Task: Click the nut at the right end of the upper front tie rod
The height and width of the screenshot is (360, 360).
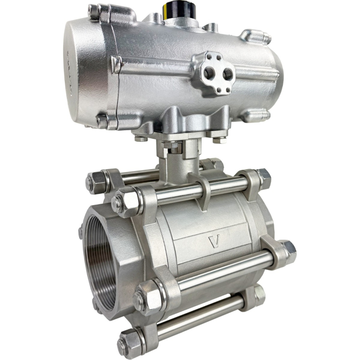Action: (262, 177)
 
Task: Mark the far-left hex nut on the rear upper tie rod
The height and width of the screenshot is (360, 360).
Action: (96, 181)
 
